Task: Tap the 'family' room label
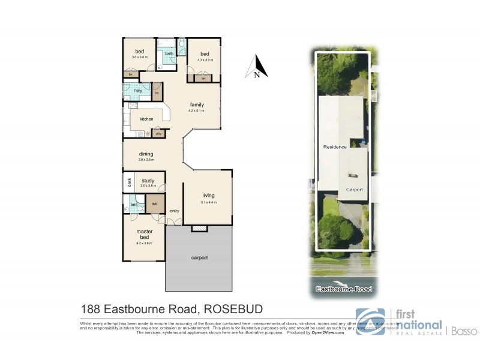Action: click(x=197, y=104)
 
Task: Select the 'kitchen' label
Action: click(x=147, y=119)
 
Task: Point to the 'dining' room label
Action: click(x=146, y=154)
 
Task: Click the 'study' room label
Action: click(x=148, y=180)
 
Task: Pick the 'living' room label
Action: click(x=208, y=196)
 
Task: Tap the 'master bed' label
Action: click(x=144, y=234)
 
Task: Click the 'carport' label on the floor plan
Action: click(x=199, y=257)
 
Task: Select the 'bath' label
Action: click(x=170, y=53)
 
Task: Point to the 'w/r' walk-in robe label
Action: click(x=155, y=203)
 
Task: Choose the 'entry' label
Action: click(x=175, y=211)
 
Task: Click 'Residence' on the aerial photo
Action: click(x=335, y=146)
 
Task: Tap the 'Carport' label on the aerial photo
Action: click(x=355, y=190)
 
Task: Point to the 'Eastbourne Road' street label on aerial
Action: click(x=344, y=289)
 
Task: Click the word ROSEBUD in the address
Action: click(x=234, y=310)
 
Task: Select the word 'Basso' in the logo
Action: click(x=460, y=329)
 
